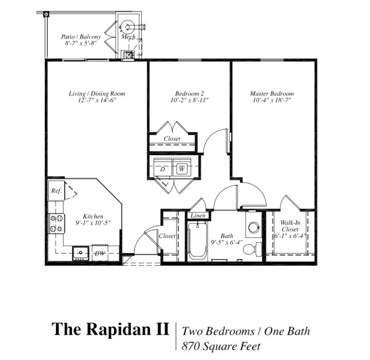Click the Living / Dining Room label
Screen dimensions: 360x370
(97, 94)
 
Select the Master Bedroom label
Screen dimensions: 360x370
(272, 94)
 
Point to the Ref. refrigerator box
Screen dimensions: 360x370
(56, 190)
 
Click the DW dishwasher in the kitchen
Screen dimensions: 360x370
(100, 253)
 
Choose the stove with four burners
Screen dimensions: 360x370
(56, 223)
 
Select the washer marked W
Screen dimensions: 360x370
(181, 168)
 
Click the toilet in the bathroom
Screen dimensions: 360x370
(250, 250)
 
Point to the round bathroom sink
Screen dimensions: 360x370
(253, 227)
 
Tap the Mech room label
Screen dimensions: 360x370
(128, 37)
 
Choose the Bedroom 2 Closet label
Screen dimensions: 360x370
(172, 139)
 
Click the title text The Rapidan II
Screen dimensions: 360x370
(110, 330)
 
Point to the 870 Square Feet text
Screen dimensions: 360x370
(221, 346)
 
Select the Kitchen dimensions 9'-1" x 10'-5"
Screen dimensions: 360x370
(93, 223)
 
